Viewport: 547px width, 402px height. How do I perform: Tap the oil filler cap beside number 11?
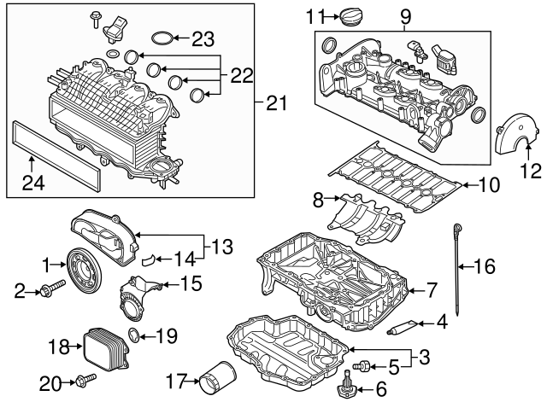(x=351, y=17)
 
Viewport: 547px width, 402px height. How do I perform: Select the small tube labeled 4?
(x=403, y=325)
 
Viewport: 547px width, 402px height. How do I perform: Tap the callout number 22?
(x=242, y=76)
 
